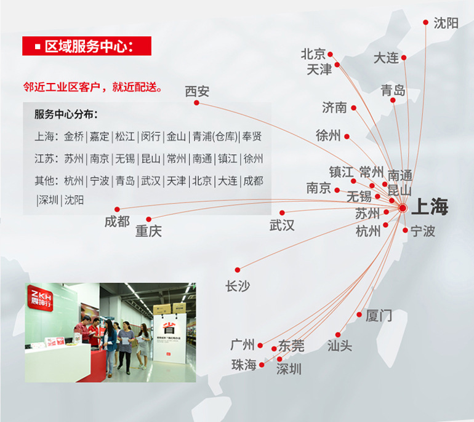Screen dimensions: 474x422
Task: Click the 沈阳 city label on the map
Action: (446, 23)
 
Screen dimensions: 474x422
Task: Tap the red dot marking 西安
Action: (196, 103)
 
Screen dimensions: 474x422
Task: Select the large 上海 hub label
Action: (430, 207)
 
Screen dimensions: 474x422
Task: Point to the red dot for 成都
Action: (117, 210)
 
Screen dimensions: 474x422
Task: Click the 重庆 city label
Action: (148, 231)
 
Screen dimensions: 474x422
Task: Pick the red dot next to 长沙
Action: (237, 269)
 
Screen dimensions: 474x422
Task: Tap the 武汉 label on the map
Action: (282, 225)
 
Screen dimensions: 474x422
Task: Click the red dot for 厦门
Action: (360, 314)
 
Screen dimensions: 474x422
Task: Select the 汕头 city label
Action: (340, 345)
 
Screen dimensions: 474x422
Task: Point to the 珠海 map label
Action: (243, 365)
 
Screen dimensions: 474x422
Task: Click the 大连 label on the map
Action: (386, 58)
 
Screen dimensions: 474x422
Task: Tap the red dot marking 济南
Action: (354, 108)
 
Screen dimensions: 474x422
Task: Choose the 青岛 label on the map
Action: (393, 90)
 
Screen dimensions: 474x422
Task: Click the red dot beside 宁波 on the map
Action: (405, 230)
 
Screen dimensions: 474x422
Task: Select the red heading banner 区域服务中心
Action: (86, 47)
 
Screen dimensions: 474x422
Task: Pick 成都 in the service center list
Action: (252, 181)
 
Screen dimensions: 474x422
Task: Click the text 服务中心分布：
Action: (66, 115)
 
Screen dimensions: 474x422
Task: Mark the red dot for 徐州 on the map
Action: (347, 137)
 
